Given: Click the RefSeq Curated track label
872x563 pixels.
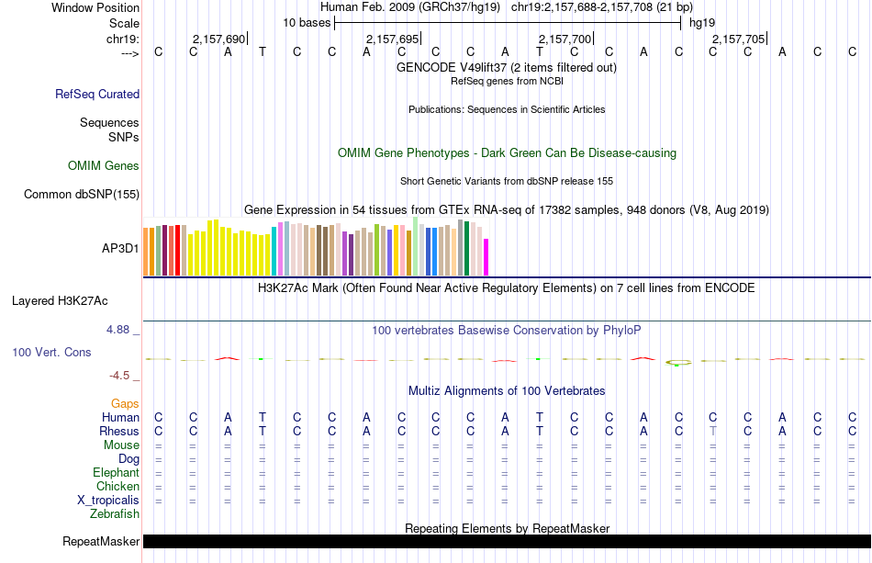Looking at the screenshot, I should tap(97, 94).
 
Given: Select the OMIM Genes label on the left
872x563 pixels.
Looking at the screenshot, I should tap(103, 166).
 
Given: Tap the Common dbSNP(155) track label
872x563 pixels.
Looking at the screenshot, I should tap(82, 194).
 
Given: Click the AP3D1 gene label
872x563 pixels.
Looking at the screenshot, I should tap(120, 248).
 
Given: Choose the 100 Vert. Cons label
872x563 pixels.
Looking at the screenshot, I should tap(51, 352).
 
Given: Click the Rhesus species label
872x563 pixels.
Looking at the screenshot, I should tap(119, 432).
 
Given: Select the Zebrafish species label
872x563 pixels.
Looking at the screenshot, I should tap(115, 514).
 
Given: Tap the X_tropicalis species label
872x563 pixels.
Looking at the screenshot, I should tap(108, 501).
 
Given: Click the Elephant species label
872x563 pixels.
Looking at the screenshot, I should tap(116, 473).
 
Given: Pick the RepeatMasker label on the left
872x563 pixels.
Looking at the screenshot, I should tap(101, 542).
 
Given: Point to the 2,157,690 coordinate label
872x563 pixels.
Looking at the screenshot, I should tap(218, 39).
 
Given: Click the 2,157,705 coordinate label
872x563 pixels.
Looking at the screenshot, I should tap(737, 39).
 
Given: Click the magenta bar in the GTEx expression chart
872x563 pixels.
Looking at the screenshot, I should tap(486, 256).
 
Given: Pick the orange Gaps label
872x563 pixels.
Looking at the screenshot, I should tap(125, 403).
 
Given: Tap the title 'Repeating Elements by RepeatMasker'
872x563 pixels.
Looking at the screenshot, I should tap(507, 528).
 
